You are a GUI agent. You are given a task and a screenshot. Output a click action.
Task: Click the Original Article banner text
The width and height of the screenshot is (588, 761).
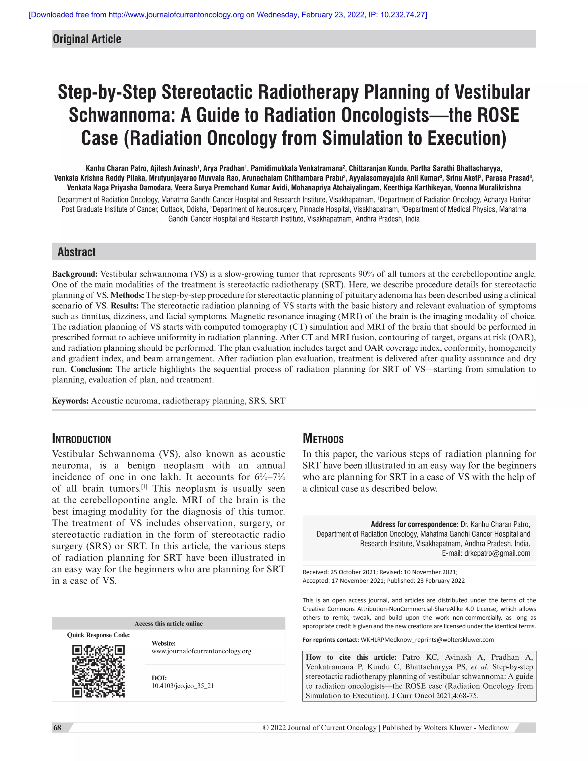pos(87,39)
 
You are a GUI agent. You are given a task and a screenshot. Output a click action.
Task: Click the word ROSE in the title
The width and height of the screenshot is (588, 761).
pos(498,115)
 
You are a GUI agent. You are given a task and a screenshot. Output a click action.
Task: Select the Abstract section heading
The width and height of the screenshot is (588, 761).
pos(77,252)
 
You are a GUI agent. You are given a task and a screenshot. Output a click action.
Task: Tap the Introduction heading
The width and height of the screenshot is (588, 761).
pos(82,439)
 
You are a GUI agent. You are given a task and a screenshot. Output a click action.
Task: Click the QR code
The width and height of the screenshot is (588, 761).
pos(98,671)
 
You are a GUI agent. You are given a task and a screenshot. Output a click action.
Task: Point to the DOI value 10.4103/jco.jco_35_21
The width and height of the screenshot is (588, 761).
pos(183,686)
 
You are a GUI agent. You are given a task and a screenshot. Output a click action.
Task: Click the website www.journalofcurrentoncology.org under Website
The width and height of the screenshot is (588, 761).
pos(201,651)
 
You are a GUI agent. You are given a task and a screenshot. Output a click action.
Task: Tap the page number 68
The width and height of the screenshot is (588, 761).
pos(57,728)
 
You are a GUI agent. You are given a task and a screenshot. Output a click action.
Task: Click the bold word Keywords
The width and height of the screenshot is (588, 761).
pos(70,401)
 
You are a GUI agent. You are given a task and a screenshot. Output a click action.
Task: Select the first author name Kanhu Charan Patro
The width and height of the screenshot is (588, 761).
pos(116,169)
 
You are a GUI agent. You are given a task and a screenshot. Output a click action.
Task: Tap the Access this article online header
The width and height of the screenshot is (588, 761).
pos(169,623)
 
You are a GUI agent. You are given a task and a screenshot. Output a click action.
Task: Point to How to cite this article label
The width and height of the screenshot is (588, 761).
pos(351,657)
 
